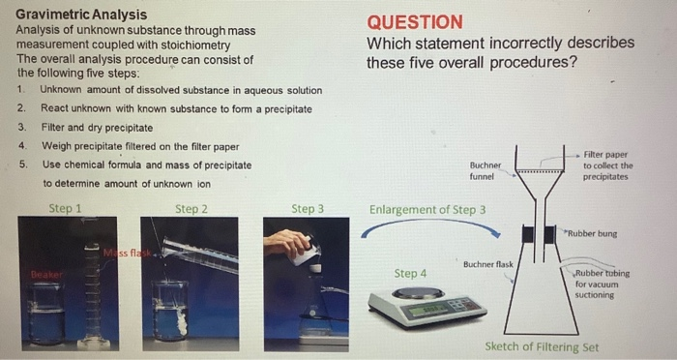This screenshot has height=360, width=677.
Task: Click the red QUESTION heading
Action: [415, 22]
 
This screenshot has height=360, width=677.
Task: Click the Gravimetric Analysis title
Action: [82, 15]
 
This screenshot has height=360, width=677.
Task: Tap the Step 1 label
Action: [65, 208]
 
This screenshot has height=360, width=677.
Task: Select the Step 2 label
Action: [191, 208]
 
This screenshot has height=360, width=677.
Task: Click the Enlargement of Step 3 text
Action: [427, 209]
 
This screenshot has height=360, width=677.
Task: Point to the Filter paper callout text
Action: [607, 165]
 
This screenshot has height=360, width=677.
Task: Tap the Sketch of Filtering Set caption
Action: [542, 346]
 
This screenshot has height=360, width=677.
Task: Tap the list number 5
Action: [21, 165]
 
